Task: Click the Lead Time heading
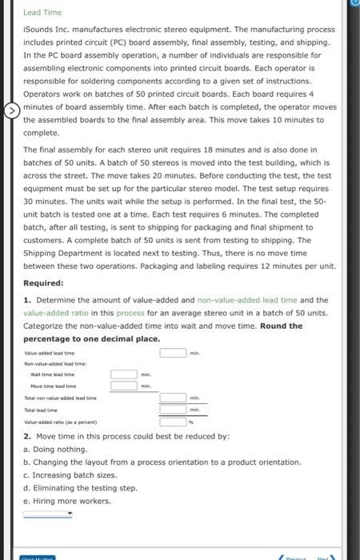37,13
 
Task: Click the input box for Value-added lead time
173,353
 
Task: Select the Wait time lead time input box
124,374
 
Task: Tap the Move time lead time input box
124,386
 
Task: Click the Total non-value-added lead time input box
173,398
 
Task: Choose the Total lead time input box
173,410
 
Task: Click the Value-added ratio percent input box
173,422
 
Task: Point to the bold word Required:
45,283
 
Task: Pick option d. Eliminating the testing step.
80,488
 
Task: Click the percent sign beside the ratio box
190,422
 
